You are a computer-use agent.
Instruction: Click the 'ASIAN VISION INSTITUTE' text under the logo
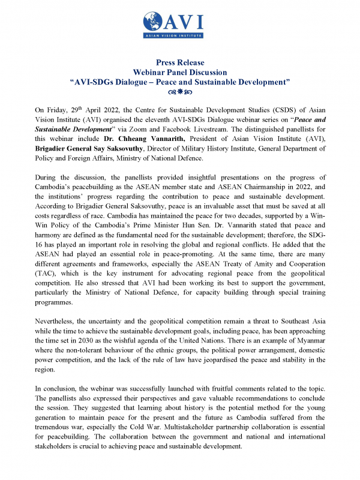click(x=180, y=37)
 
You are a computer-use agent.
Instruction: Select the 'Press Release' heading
click(x=180, y=62)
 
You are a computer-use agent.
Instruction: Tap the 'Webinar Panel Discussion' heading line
click(x=180, y=71)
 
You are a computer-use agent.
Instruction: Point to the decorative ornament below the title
click(x=180, y=92)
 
